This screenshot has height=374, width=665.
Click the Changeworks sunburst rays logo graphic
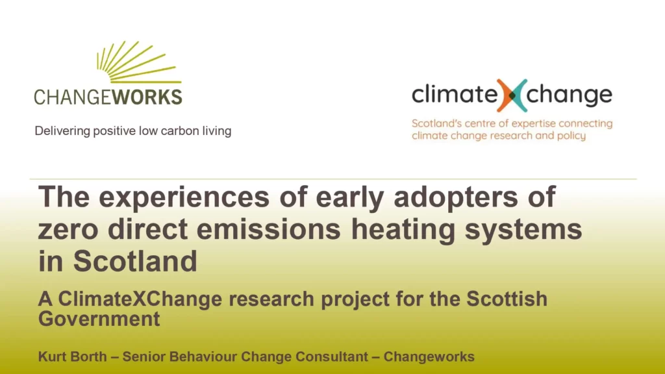(x=138, y=63)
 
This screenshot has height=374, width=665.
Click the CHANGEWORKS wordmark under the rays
(x=108, y=97)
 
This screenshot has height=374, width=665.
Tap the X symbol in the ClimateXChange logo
(x=512, y=95)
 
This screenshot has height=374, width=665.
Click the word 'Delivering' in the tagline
(x=62, y=131)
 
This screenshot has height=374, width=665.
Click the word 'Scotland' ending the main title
(x=135, y=261)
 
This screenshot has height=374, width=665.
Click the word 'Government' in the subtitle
(x=99, y=319)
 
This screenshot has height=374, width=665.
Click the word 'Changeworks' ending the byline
(x=429, y=356)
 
